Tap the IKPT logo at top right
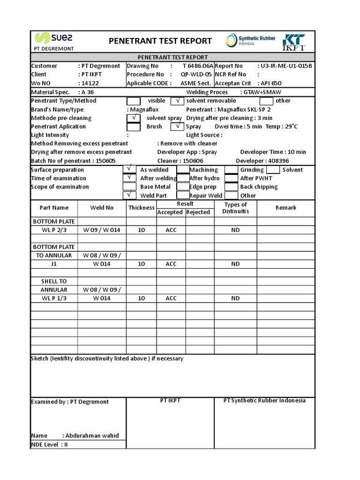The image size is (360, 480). (293, 41)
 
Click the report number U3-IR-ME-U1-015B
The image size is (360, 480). (285, 66)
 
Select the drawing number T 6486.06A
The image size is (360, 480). (197, 66)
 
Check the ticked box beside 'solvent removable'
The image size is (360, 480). (177, 101)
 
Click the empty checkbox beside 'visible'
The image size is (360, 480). (134, 101)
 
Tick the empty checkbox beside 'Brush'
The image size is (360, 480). (134, 127)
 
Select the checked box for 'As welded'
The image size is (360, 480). (129, 170)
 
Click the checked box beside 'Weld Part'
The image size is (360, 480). (129, 195)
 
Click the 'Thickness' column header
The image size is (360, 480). (141, 208)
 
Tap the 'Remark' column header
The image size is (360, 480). (285, 208)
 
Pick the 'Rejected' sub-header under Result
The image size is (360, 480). (198, 212)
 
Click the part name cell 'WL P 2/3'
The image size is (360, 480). (54, 230)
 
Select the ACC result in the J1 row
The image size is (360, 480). (171, 264)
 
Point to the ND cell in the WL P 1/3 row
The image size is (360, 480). (235, 298)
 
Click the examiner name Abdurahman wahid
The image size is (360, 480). (92, 435)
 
